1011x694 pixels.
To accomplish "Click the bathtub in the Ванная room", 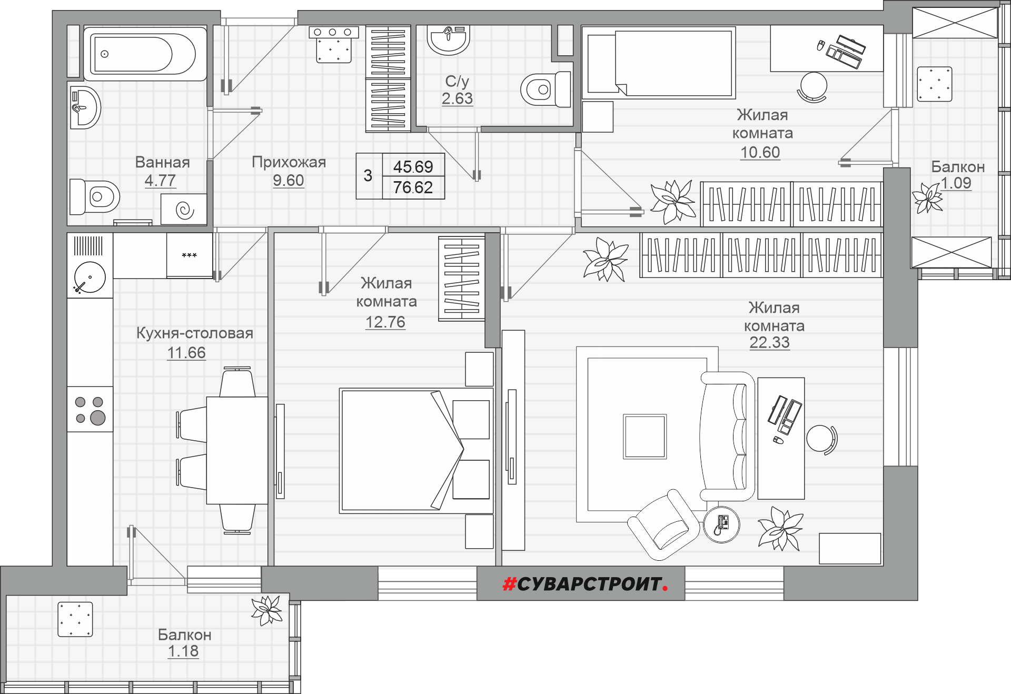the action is (145, 54).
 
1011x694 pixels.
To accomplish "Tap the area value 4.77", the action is (160, 181).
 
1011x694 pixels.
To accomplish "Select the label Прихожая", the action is (289, 162).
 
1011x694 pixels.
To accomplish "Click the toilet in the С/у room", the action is (546, 90).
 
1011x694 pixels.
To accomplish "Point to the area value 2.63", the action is (457, 98).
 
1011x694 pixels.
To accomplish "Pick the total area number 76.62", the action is (413, 187).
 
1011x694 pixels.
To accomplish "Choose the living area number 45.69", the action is (413, 167).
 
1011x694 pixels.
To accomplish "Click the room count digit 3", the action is (368, 175).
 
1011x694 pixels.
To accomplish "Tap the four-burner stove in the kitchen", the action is (90, 410).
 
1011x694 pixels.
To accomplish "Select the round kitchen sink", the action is (90, 277).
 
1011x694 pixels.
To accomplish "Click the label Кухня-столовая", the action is (195, 333).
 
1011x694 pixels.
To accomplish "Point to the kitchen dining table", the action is (237, 450).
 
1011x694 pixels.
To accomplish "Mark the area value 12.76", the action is (385, 322).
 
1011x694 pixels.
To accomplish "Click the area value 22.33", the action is (769, 343).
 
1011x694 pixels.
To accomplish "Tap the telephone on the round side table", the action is (721, 524).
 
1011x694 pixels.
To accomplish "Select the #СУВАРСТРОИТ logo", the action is (585, 584).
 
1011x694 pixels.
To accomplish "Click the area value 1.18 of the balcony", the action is (183, 651).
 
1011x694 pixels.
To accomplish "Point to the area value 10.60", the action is (760, 153).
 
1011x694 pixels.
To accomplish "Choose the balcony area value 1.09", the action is (956, 183).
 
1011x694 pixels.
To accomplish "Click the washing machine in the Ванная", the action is (184, 209).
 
